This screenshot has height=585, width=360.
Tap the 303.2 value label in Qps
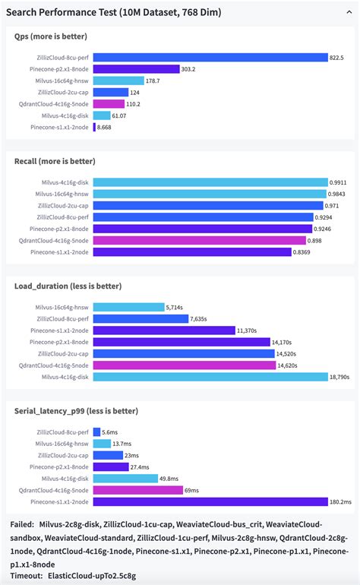pyautogui.click(x=188, y=68)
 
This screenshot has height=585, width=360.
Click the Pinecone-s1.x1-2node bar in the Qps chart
pyautogui.click(x=95, y=127)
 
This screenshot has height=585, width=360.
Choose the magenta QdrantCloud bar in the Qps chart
pyautogui.click(x=109, y=103)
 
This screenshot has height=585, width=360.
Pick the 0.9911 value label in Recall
pyautogui.click(x=339, y=182)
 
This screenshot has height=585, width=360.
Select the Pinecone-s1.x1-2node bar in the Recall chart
pyautogui.click(x=192, y=251)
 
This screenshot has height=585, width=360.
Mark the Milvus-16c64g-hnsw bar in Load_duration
pyautogui.click(x=129, y=307)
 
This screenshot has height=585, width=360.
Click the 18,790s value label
pyautogui.click(x=339, y=376)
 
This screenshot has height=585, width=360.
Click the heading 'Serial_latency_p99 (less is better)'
pyautogui.click(x=76, y=411)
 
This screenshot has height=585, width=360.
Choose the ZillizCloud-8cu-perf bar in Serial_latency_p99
pyautogui.click(x=96, y=432)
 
